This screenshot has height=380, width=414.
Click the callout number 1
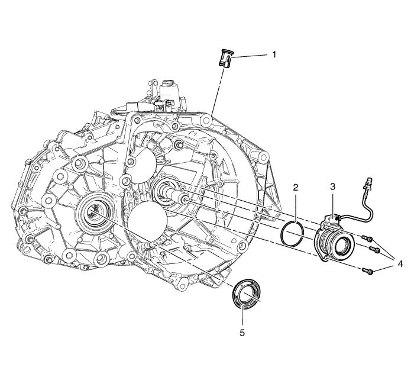274,54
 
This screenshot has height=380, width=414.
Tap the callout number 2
296,188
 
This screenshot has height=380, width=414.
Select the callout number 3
332,187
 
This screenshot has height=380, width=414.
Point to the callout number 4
400,264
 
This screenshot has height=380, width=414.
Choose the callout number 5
242,333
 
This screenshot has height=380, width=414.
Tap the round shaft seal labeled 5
247,292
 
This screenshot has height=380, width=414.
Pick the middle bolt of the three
374,249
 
